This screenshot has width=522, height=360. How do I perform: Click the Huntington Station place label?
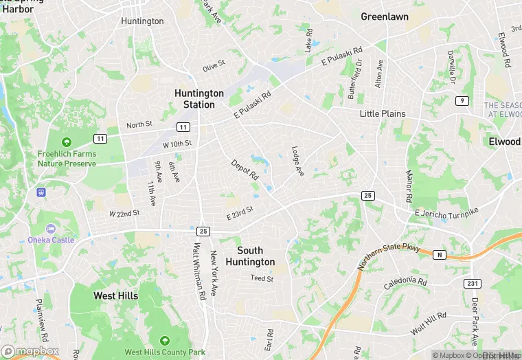(x=199, y=99)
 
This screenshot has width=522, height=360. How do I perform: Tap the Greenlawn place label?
(x=384, y=16)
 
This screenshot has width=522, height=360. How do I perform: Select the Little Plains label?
(x=383, y=113)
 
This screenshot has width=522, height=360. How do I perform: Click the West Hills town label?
(x=115, y=296)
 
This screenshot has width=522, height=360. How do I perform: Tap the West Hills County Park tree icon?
(x=164, y=340)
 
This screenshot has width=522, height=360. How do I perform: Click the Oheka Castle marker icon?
(x=50, y=228)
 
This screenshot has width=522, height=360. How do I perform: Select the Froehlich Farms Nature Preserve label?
(x=67, y=159)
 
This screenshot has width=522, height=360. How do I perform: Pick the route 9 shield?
(x=462, y=101)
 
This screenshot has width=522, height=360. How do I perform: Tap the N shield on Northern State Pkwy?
(x=440, y=254)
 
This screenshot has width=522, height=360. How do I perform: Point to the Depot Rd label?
(x=244, y=170)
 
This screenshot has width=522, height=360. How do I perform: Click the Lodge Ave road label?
(x=297, y=161)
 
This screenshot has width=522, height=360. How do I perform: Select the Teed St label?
(x=262, y=279)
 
